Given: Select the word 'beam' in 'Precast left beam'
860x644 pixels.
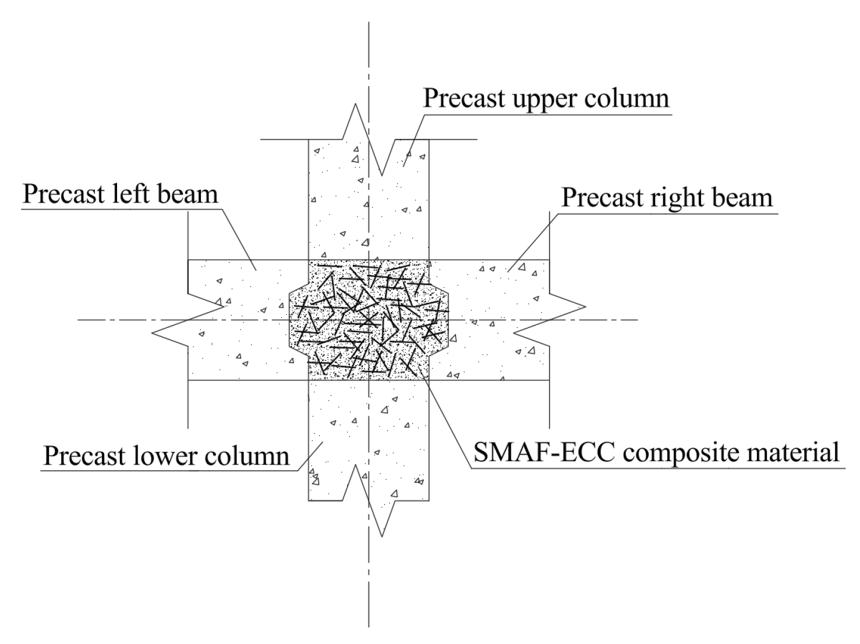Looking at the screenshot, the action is click(x=187, y=194).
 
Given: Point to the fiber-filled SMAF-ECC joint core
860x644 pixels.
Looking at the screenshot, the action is click(x=369, y=320).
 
